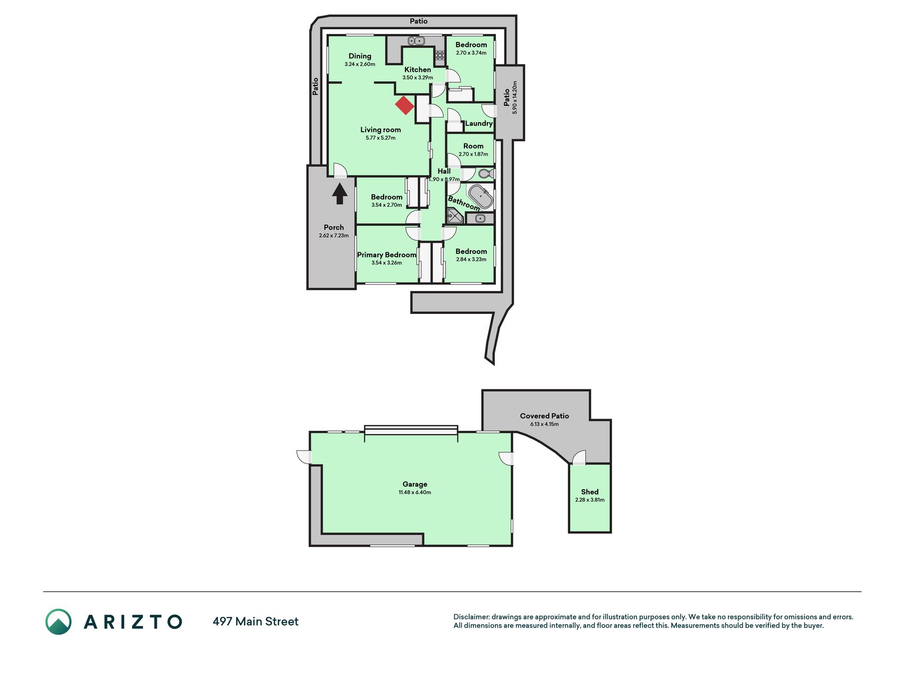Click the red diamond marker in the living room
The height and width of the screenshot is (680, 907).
coord(405,105)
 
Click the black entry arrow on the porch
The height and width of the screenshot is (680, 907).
coord(340,193)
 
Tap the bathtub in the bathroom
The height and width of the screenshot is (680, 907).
coord(480,197)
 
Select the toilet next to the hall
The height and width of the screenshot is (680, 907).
coord(486,174)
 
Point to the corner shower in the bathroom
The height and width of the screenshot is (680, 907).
coord(455,216)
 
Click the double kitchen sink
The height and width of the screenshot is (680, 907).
coord(416,41)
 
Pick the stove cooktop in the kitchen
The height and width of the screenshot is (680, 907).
coord(440,55)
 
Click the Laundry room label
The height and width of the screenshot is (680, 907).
coord(479,123)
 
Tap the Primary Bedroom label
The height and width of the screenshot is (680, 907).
coord(386,255)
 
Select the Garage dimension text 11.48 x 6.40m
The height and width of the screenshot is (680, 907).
coord(415,492)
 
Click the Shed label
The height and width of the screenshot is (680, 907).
coord(590,492)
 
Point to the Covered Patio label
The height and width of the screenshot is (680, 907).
coord(545,416)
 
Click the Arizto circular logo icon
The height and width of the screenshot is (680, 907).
coord(58,622)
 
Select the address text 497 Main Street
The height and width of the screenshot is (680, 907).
coord(256,622)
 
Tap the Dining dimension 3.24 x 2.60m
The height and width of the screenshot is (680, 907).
coord(360,64)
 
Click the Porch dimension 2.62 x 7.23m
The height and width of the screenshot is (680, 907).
coord(334,236)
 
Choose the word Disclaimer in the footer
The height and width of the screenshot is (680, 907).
coord(471,617)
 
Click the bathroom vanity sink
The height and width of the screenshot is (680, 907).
coord(480,218)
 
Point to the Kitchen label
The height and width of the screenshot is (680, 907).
coord(418,70)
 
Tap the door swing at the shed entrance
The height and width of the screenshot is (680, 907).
coord(579,457)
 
